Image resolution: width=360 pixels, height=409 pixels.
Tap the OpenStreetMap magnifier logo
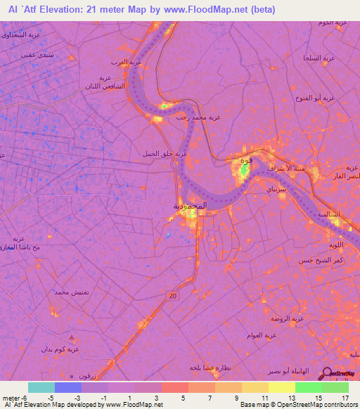pyautogui.click(x=327, y=374)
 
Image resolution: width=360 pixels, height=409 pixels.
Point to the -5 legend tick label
pyautogui.click(x=51, y=397)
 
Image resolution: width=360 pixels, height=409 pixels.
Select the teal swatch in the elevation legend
pyautogui.click(x=41, y=387)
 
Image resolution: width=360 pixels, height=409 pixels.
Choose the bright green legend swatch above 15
pyautogui.click(x=309, y=387)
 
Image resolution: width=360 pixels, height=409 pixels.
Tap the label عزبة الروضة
pyautogui.click(x=287, y=318)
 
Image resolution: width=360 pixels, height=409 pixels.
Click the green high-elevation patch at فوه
pyautogui.click(x=245, y=169)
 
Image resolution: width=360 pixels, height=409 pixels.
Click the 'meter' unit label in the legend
pyautogui.click(x=12, y=397)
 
